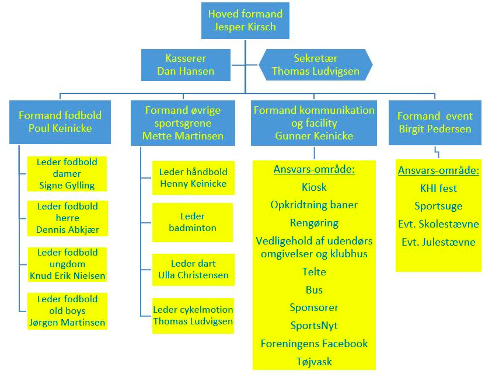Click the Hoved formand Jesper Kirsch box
[x=245, y=20]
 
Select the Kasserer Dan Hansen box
[x=186, y=65]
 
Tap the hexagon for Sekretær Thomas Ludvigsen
[x=316, y=65]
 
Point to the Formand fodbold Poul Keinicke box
[x=60, y=122]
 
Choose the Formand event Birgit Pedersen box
[x=435, y=123]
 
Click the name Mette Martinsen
[x=183, y=136]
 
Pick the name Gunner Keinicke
[x=314, y=136]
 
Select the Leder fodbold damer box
[x=67, y=174]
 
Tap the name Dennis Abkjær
[x=68, y=230]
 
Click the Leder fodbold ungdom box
[x=67, y=264]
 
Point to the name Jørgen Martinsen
[x=67, y=323]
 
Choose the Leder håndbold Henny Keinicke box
[x=193, y=178]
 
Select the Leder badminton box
[x=193, y=222]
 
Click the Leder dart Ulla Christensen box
[x=193, y=270]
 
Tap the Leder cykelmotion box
[x=193, y=316]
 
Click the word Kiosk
[x=314, y=187]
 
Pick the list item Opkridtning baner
[x=314, y=205]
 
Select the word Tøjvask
[x=314, y=362]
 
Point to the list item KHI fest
[x=438, y=188]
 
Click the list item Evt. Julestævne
[x=438, y=242]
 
